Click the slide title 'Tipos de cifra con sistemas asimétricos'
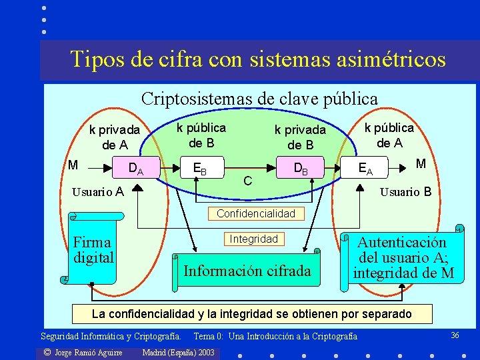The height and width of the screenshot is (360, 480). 258,59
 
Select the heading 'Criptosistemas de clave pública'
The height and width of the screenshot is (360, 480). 259,99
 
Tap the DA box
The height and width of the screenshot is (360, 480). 136,169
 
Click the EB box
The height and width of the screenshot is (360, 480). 199,169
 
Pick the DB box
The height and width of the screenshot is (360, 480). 301,169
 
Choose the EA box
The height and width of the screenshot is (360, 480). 365,169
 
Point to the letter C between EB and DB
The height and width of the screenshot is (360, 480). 247,181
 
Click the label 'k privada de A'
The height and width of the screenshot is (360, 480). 115,137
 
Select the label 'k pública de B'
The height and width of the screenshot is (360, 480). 201,134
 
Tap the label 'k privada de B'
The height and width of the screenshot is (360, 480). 300,137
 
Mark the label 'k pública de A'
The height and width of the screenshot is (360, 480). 389,134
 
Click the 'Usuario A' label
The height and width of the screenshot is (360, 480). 98,192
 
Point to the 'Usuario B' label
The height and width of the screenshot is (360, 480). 405,192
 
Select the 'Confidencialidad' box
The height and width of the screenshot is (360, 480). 256,214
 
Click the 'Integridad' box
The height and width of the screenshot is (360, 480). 253,239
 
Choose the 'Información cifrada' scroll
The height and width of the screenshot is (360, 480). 247,271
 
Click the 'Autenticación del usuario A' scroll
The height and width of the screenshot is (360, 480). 403,258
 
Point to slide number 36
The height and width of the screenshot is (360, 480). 455,335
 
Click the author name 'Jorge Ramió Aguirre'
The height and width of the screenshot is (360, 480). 83,352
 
